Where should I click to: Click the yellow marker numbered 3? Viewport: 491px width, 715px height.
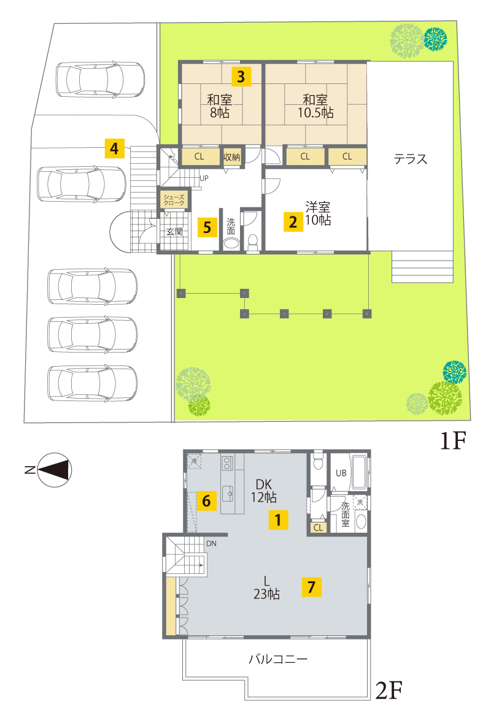pyautogui.click(x=241, y=76)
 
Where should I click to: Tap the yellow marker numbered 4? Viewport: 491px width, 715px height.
pyautogui.click(x=115, y=148)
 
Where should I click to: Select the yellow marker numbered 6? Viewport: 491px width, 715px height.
pyautogui.click(x=206, y=500)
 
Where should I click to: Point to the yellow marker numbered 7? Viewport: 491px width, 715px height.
pyautogui.click(x=312, y=587)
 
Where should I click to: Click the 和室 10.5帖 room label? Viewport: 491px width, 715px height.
pyautogui.click(x=315, y=106)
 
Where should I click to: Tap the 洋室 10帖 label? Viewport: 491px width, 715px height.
pyautogui.click(x=318, y=213)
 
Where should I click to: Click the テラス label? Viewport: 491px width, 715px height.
pyautogui.click(x=411, y=159)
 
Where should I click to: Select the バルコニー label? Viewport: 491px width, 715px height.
pyautogui.click(x=278, y=659)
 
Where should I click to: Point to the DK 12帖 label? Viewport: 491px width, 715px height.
pyautogui.click(x=264, y=491)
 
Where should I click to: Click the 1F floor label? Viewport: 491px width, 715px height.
pyautogui.click(x=453, y=440)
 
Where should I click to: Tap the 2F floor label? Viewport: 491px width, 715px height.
pyautogui.click(x=389, y=690)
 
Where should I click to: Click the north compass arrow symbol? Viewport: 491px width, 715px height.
pyautogui.click(x=54, y=470)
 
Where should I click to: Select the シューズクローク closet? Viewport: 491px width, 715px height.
pyautogui.click(x=174, y=200)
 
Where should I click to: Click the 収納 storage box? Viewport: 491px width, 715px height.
pyautogui.click(x=232, y=157)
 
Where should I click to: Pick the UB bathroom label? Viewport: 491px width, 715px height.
pyautogui.click(x=341, y=473)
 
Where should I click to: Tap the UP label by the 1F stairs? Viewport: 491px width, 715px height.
pyautogui.click(x=204, y=178)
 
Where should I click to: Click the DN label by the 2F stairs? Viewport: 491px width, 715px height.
pyautogui.click(x=211, y=543)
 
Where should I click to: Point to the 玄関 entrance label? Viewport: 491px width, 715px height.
pyautogui.click(x=174, y=232)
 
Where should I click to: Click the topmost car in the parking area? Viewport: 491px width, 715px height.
pyautogui.click(x=101, y=80)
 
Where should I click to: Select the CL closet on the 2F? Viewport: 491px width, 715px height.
pyautogui.click(x=318, y=527)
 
